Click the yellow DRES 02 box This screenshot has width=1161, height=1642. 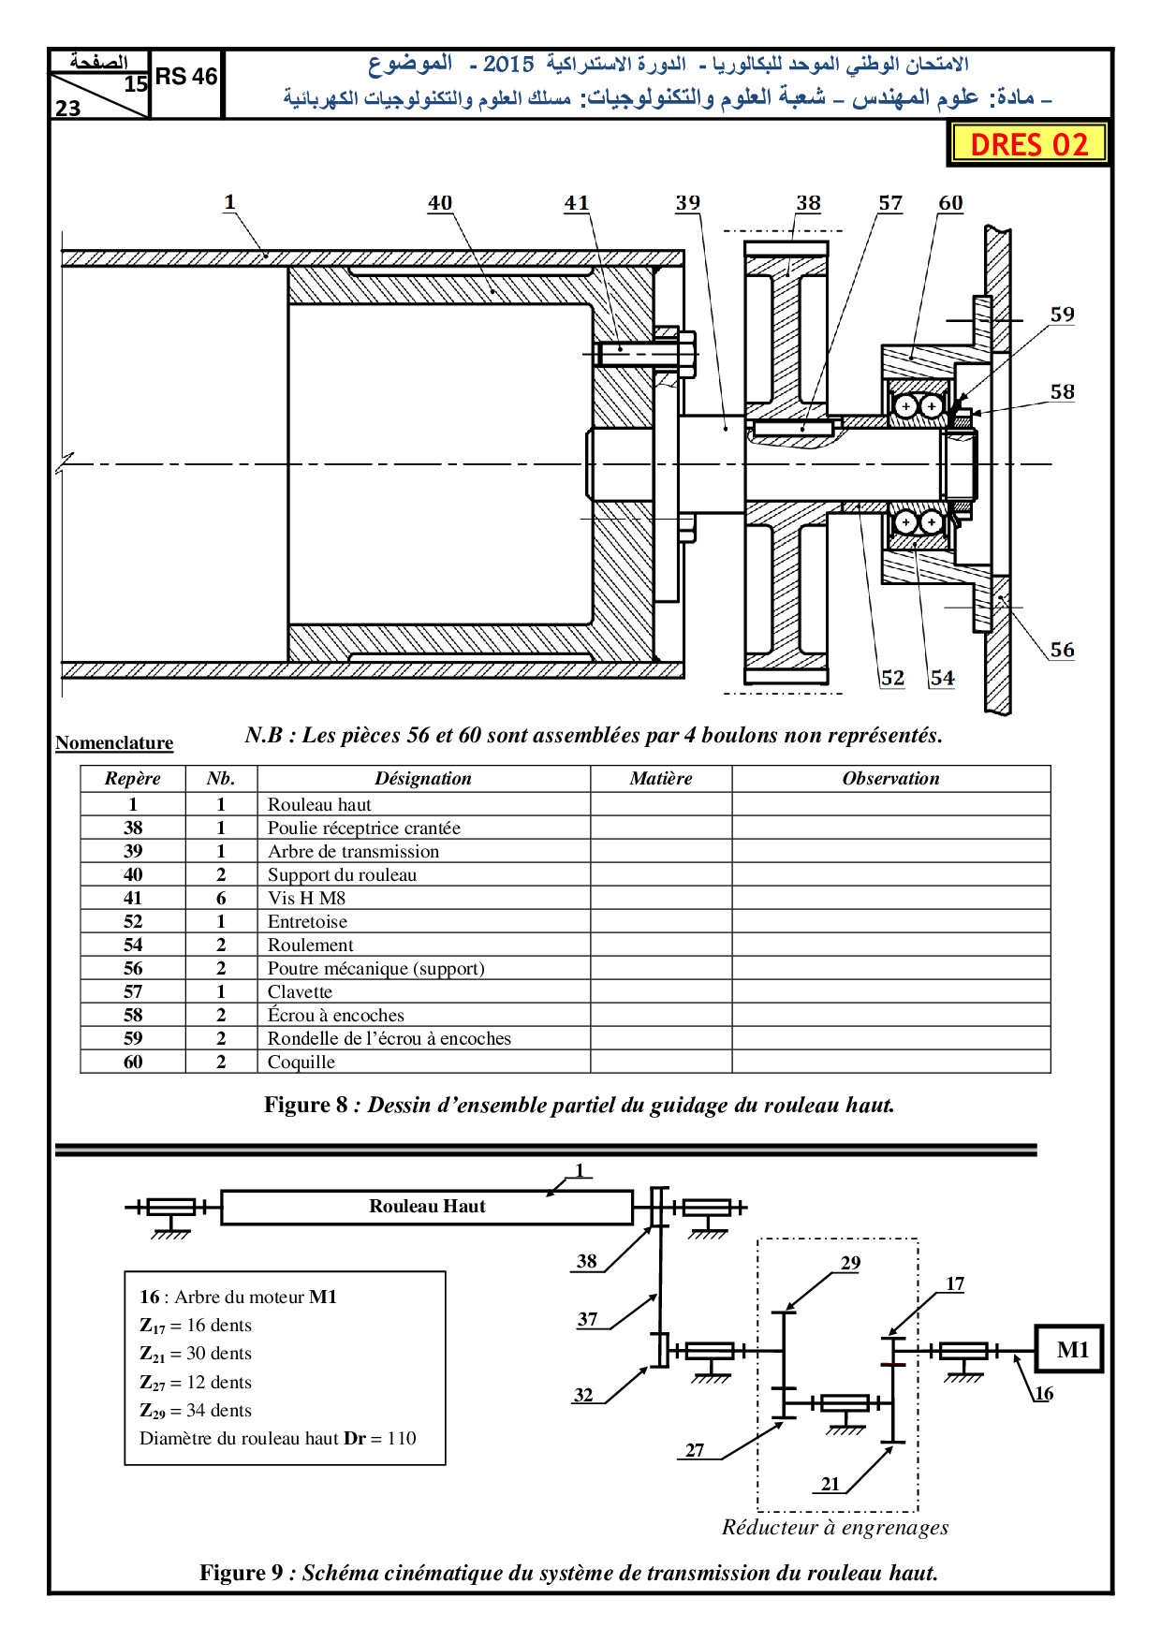click(1029, 144)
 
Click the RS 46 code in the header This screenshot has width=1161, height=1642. click(186, 77)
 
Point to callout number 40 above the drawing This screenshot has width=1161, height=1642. click(440, 203)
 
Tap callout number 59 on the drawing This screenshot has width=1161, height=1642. click(1062, 315)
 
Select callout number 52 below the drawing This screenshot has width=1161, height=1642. click(892, 678)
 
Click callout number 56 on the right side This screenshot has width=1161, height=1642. click(1062, 650)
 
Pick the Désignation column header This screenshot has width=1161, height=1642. click(423, 779)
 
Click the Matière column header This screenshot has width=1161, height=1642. click(661, 779)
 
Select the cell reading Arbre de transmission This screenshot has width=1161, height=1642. click(353, 851)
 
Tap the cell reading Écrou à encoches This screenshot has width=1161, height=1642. click(335, 1015)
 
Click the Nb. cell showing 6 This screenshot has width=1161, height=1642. click(221, 898)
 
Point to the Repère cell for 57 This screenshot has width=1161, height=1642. click(133, 991)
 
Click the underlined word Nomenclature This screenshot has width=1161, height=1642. click(114, 743)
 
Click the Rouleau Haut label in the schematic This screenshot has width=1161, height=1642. click(427, 1207)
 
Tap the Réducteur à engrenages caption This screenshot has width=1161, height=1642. click(835, 1528)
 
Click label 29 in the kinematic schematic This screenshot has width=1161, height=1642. click(850, 1263)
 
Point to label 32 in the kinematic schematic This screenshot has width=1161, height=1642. click(583, 1395)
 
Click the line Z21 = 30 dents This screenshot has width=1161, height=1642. click(196, 1354)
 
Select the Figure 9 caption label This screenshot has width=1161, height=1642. click(242, 1573)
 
